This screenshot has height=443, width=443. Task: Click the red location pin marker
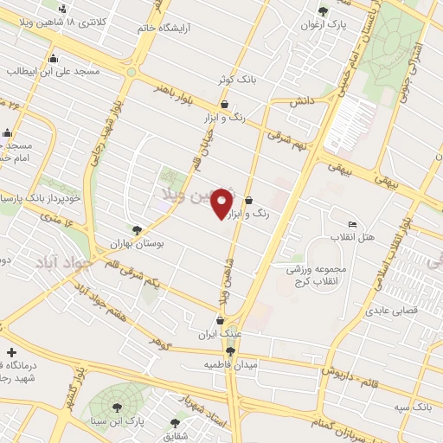[x=222, y=203]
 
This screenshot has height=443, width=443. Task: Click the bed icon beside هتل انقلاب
[x=351, y=223]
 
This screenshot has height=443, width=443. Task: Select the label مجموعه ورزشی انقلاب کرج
[x=317, y=275]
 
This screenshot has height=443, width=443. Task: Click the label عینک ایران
[x=218, y=334]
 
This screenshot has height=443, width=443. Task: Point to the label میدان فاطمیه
[x=231, y=365]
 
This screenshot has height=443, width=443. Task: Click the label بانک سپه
[x=413, y=405]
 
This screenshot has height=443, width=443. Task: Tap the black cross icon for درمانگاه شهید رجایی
[x=10, y=353]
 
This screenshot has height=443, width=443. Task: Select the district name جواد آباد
[x=61, y=260]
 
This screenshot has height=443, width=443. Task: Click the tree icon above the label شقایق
[x=175, y=423]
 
